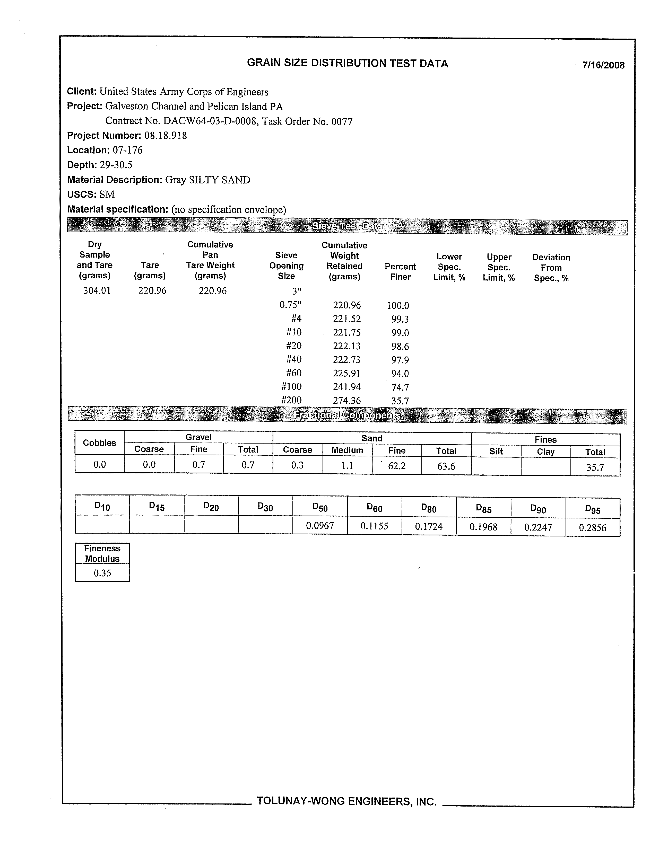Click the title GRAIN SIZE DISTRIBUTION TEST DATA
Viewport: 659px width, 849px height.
point(348,63)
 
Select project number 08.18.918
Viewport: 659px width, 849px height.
point(165,136)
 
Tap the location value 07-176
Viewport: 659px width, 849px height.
point(128,150)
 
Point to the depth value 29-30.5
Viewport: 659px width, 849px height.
point(116,165)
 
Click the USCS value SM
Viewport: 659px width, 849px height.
point(107,194)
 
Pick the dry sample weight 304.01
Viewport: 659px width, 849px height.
point(97,291)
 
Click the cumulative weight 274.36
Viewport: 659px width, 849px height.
point(346,400)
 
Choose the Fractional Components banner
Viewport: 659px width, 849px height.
point(348,415)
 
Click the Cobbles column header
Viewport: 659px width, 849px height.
point(100,443)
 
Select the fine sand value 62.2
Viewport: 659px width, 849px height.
point(397,466)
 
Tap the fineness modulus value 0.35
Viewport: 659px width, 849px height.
point(102,573)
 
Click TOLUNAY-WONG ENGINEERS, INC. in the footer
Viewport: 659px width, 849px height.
point(346,801)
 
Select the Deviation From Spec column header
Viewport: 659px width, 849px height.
point(551,268)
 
